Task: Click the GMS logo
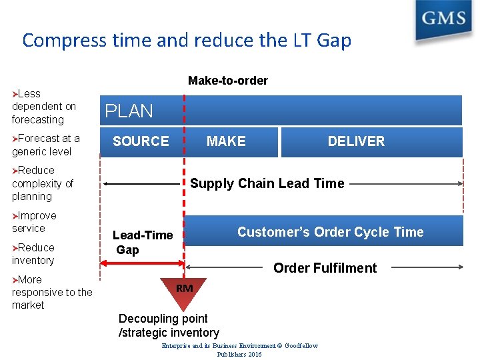click(x=442, y=21)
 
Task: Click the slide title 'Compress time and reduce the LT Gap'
click(x=187, y=40)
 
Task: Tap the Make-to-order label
click(x=228, y=81)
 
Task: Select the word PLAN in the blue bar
click(x=129, y=111)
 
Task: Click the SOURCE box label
click(x=141, y=141)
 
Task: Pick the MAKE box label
click(x=226, y=141)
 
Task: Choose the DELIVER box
click(x=356, y=141)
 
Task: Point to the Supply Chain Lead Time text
click(x=267, y=183)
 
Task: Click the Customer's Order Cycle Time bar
click(x=330, y=232)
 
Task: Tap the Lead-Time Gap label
click(x=142, y=242)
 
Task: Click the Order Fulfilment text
click(x=325, y=268)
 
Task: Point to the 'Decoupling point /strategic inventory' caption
click(x=169, y=325)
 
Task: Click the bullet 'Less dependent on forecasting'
click(x=44, y=107)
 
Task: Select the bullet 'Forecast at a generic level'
click(x=46, y=145)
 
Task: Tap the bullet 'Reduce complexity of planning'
click(x=43, y=183)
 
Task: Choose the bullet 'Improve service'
click(x=35, y=222)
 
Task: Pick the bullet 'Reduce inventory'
click(x=33, y=254)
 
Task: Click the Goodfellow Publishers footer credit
click(x=240, y=350)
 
